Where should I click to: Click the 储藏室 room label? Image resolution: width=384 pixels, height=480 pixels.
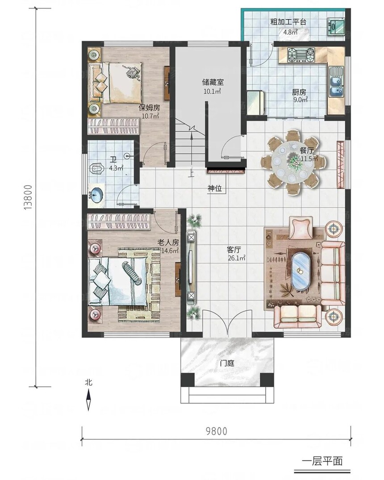click(x=213, y=82)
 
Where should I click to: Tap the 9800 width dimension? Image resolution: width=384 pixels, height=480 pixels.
click(x=217, y=431)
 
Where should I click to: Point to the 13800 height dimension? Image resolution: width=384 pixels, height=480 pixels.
click(x=28, y=197)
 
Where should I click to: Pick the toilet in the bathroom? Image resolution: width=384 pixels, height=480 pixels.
click(x=98, y=169)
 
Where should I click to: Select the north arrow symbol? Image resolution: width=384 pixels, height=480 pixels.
click(x=88, y=399)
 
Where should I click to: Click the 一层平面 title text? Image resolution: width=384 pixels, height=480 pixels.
click(x=322, y=461)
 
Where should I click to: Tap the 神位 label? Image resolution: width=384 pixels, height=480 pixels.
click(x=215, y=188)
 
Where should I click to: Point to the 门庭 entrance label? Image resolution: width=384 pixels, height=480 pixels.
click(x=227, y=363)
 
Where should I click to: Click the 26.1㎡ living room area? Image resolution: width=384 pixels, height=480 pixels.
click(x=236, y=258)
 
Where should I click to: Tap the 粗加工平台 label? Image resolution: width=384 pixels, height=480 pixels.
click(x=288, y=22)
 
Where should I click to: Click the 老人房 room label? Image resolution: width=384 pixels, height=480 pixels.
click(x=168, y=242)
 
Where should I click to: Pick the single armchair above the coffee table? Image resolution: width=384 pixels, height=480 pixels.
click(x=301, y=228)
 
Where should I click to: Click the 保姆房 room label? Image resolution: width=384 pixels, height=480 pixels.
click(x=149, y=108)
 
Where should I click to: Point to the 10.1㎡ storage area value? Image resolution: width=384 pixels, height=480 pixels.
click(x=213, y=91)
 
